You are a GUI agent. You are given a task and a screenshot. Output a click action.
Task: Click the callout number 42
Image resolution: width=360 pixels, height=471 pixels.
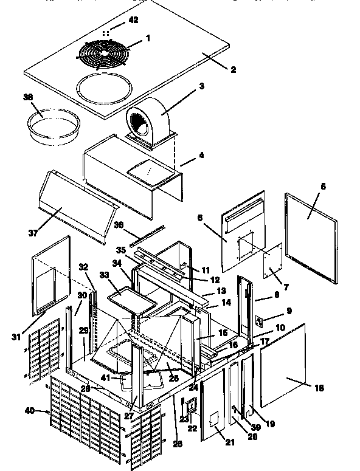point(133,20)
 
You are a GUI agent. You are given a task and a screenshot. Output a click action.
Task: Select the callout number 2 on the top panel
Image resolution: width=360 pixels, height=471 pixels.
point(232,69)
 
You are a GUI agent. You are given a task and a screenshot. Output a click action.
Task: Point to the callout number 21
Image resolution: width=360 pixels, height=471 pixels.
point(229,442)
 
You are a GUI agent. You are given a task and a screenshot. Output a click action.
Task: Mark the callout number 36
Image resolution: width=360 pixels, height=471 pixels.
point(119,224)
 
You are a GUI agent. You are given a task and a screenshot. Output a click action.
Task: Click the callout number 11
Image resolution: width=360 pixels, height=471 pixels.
point(206,269)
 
